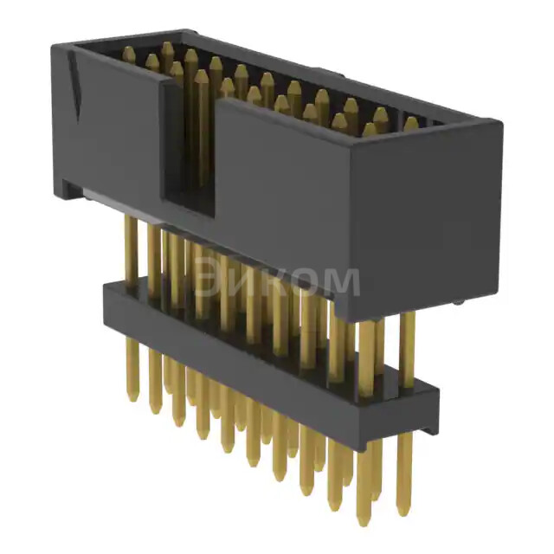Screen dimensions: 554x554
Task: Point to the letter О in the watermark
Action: [x=306, y=282]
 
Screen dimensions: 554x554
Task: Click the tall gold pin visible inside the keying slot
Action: [x=201, y=130]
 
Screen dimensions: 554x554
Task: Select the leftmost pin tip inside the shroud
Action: [x=129, y=54]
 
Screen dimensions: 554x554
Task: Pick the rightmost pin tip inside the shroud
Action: [x=410, y=123]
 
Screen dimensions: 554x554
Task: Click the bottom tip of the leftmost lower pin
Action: [x=132, y=397]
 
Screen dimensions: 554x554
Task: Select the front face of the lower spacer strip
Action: [x=260, y=364]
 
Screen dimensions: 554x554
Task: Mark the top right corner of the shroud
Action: [x=500, y=122]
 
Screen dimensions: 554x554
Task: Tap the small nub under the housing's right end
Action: [x=456, y=302]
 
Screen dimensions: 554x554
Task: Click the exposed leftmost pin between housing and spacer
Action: [x=130, y=251]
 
